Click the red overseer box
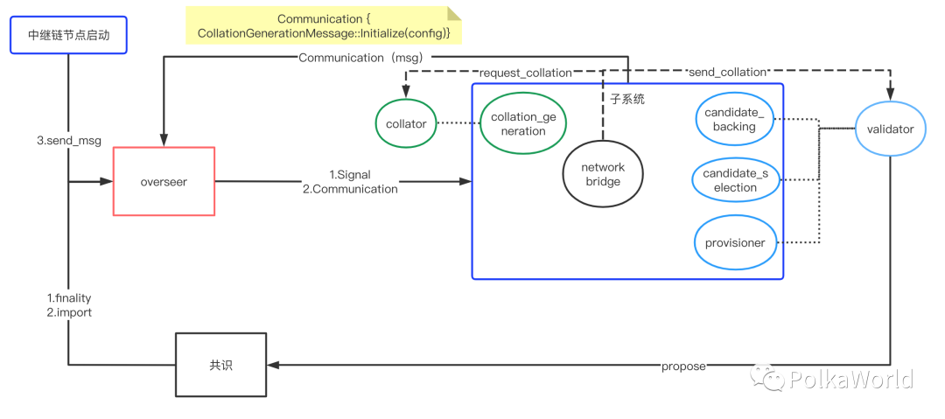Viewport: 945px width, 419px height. pyautogui.click(x=164, y=182)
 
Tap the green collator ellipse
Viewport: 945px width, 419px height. pyautogui.click(x=406, y=124)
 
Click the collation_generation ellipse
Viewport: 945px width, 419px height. pyautogui.click(x=523, y=124)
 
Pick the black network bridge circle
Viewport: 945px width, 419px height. pyautogui.click(x=602, y=174)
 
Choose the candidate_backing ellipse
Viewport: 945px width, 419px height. pyautogui.click(x=734, y=120)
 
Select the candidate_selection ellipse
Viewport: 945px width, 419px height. pyautogui.click(x=735, y=180)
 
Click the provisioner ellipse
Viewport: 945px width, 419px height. pyautogui.click(x=735, y=243)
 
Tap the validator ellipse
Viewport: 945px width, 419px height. pyautogui.click(x=890, y=129)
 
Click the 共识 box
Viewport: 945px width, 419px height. pyautogui.click(x=221, y=365)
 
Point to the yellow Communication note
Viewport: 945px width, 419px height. pyautogui.click(x=324, y=25)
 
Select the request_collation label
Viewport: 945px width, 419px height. pyautogui.click(x=525, y=73)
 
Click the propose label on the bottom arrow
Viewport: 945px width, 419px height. pyautogui.click(x=683, y=367)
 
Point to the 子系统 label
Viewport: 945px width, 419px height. pyautogui.click(x=627, y=100)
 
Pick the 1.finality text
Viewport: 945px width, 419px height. pyautogui.click(x=69, y=298)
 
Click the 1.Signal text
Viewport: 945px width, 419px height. pyautogui.click(x=350, y=175)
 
